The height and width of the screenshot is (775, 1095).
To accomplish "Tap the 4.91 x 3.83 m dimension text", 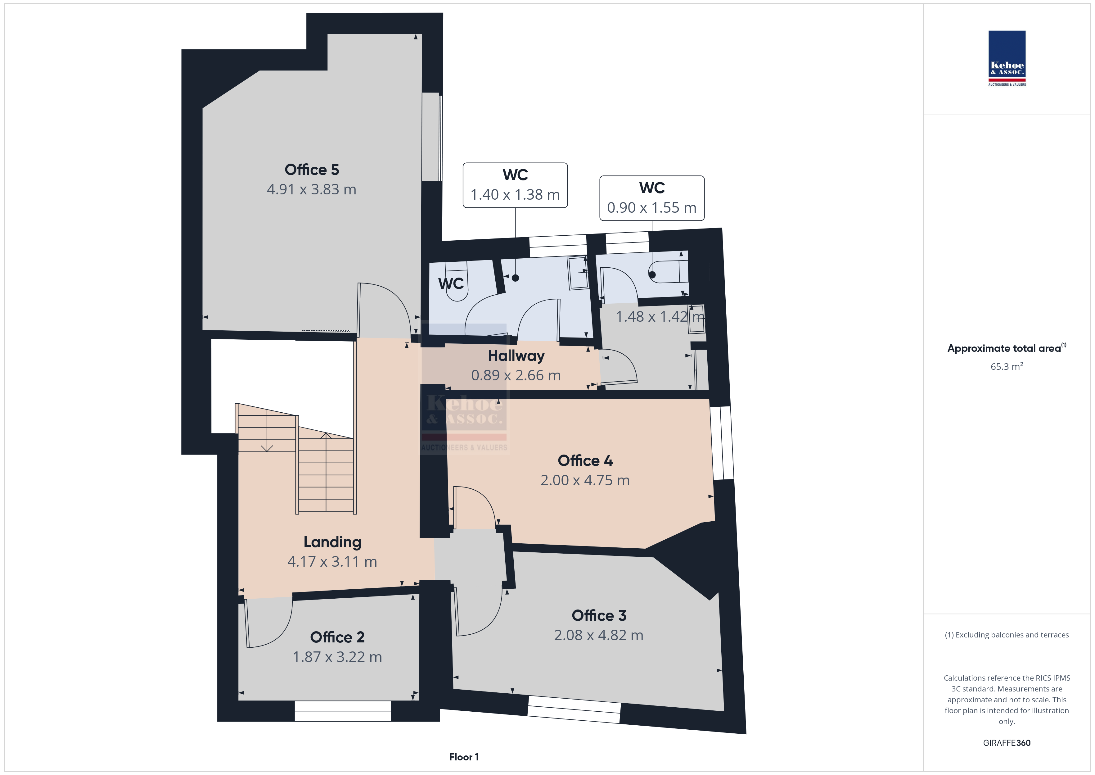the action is pyautogui.click(x=311, y=189).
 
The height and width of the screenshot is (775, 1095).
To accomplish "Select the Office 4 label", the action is pyautogui.click(x=585, y=460).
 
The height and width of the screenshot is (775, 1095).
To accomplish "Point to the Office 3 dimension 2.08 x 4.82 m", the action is pyautogui.click(x=598, y=635).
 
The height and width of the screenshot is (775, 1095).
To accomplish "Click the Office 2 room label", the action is pyautogui.click(x=337, y=637).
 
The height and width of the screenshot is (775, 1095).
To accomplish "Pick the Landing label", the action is pyautogui.click(x=332, y=542).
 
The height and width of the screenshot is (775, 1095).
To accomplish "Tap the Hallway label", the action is pyautogui.click(x=516, y=356).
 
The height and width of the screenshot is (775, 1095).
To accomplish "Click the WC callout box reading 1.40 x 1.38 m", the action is pyautogui.click(x=515, y=185).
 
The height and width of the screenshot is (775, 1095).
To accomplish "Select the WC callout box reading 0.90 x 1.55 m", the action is pyautogui.click(x=652, y=198).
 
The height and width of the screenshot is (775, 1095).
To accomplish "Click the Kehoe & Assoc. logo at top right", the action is pyautogui.click(x=1007, y=58).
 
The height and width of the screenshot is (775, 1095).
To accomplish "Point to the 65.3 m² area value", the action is pyautogui.click(x=1007, y=366).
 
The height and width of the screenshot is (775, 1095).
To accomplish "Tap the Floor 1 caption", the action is pyautogui.click(x=464, y=757).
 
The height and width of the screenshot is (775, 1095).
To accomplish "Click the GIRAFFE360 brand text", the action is pyautogui.click(x=1007, y=743).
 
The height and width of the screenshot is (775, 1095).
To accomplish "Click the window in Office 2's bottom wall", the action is pyautogui.click(x=343, y=711).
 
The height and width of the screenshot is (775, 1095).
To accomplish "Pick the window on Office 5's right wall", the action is pyautogui.click(x=432, y=137).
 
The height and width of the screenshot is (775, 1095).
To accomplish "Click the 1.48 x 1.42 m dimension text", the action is pyautogui.click(x=660, y=316).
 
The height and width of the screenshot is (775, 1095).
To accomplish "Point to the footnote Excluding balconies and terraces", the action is pyautogui.click(x=1007, y=635).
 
